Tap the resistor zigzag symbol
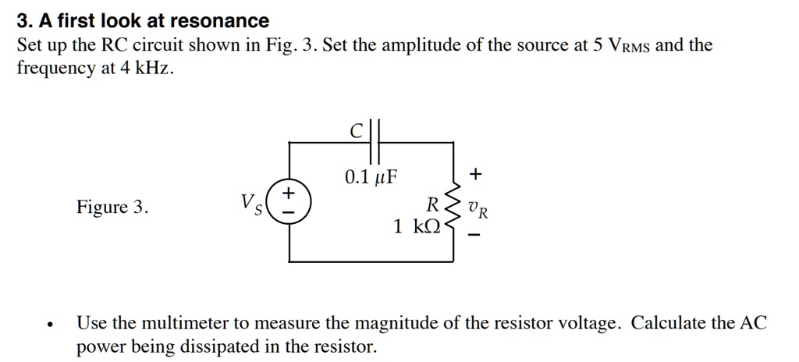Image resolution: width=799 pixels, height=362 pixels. coord(452,209)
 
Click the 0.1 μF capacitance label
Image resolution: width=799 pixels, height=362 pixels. coord(371,176)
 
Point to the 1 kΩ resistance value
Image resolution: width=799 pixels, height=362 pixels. coord(417,227)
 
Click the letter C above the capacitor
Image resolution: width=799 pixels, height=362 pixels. coord(356,132)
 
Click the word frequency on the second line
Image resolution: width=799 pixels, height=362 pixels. coord(50,69)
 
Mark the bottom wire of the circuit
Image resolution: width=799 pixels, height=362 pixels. coord(371,260)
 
